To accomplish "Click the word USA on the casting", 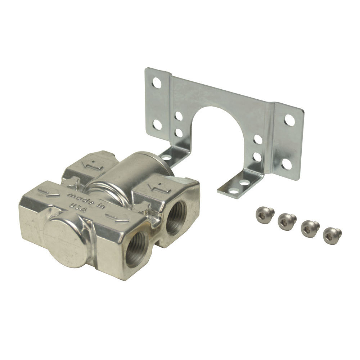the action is (x=78, y=208).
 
